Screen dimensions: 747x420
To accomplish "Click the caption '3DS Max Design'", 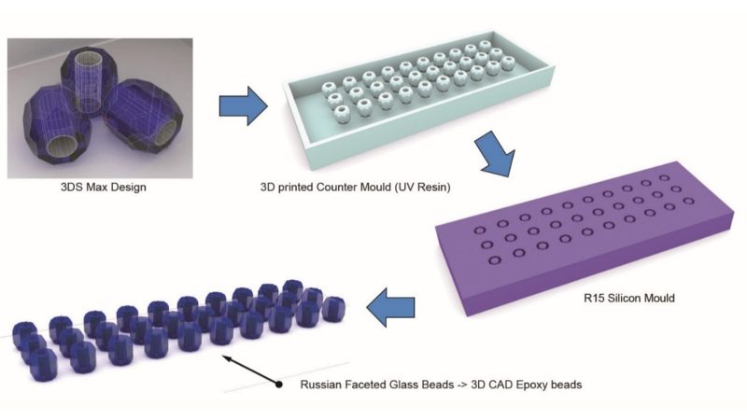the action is coord(104,187).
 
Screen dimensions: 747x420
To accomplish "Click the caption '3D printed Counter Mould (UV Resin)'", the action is coord(356,188).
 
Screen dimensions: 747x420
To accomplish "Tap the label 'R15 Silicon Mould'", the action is coord(628,298).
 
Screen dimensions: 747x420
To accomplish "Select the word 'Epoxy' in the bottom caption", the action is coord(532,385).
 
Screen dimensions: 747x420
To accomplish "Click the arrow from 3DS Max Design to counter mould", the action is coord(244,106).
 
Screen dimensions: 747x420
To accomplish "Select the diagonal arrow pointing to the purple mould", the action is coord(495,154).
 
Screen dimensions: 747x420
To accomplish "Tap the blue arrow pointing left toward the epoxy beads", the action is coord(390,307).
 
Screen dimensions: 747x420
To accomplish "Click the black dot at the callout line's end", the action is coord(278,384).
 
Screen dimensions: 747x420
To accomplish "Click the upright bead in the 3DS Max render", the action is coord(88,81).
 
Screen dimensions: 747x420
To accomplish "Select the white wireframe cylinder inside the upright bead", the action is coord(89,80).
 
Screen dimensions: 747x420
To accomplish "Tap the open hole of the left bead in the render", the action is coord(61,149).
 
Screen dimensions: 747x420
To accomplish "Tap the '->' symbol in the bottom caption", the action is coord(460,385).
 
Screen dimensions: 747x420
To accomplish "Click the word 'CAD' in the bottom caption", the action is coord(502,385).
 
